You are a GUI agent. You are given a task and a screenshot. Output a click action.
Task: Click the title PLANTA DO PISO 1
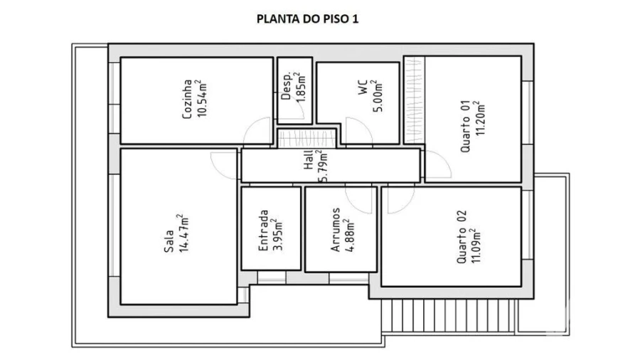tap(307, 19)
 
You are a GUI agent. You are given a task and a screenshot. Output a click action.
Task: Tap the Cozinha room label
tap(188, 100)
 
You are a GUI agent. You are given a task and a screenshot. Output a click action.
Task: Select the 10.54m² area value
tap(201, 100)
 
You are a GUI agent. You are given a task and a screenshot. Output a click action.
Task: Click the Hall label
tap(309, 164)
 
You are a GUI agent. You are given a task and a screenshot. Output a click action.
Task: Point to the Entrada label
tap(263, 229)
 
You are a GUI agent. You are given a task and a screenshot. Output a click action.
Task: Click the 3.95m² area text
tap(277, 229)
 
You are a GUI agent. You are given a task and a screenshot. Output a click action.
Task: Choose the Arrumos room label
tap(334, 230)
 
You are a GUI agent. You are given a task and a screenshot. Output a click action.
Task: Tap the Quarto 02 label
tap(462, 237)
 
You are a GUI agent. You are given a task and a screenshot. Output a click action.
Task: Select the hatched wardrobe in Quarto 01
tap(414, 100)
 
